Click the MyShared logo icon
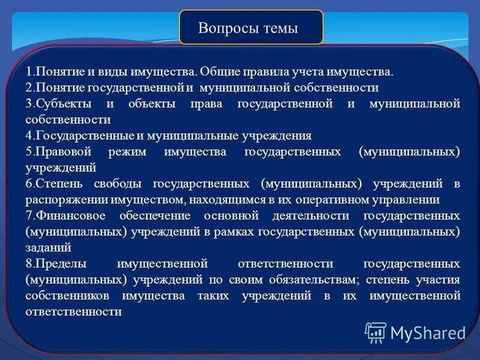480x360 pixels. pos(376,332)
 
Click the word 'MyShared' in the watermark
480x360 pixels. pos(427,332)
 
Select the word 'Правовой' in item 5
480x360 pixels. pos(58,152)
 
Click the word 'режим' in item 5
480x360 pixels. pos(127,152)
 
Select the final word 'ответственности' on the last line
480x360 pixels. pos(74,311)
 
